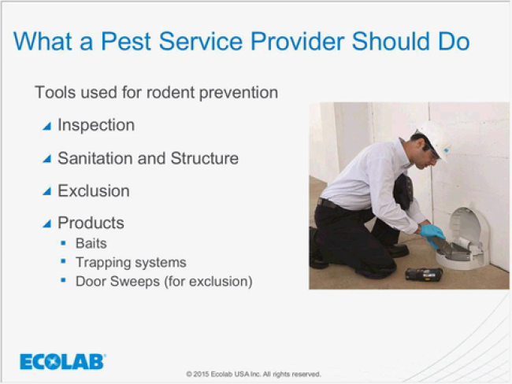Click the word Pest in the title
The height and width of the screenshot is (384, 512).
[126, 41]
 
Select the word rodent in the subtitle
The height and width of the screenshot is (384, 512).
[170, 92]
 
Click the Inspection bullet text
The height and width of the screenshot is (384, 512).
[96, 125]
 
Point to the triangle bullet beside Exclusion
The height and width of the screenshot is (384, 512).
[47, 191]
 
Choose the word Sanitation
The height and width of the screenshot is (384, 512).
[95, 158]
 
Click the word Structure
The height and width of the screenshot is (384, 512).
[205, 158]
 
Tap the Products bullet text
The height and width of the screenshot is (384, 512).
[91, 223]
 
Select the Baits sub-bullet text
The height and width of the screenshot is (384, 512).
[91, 243]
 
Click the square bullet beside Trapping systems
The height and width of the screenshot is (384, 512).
[63, 261]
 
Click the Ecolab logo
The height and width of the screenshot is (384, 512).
[62, 361]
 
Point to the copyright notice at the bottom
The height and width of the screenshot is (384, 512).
[254, 375]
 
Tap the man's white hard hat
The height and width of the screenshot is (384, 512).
[434, 138]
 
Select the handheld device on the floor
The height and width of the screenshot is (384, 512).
[424, 275]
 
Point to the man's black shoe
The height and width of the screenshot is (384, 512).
[399, 250]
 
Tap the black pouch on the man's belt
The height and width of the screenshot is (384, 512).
[403, 191]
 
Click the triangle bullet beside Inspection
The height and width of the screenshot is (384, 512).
[47, 126]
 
